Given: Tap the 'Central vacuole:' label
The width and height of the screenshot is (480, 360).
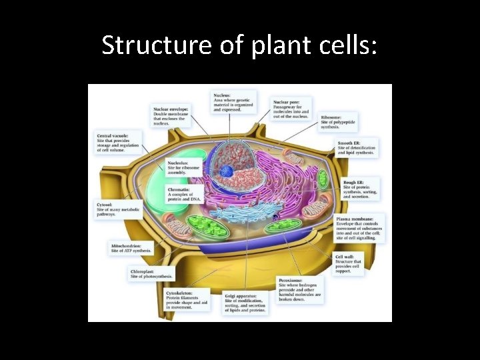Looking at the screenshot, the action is (x=111, y=135).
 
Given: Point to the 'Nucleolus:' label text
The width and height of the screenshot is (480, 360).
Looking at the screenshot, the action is (x=178, y=163).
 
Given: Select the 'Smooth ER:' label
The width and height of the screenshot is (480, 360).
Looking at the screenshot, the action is (x=349, y=143).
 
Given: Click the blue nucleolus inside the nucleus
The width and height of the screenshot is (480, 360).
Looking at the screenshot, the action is (x=227, y=171).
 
